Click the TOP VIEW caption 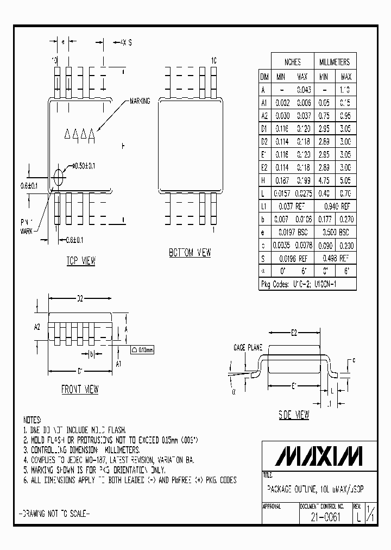(x=81, y=261)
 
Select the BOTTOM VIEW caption (x=189, y=253)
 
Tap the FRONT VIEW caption (x=80, y=390)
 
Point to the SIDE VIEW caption (x=294, y=415)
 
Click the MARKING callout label (x=139, y=102)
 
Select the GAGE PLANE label (x=248, y=347)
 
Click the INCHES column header (x=292, y=62)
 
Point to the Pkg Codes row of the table (x=307, y=284)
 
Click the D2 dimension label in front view (x=80, y=298)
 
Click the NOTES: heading (x=32, y=420)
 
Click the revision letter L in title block (x=358, y=518)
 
